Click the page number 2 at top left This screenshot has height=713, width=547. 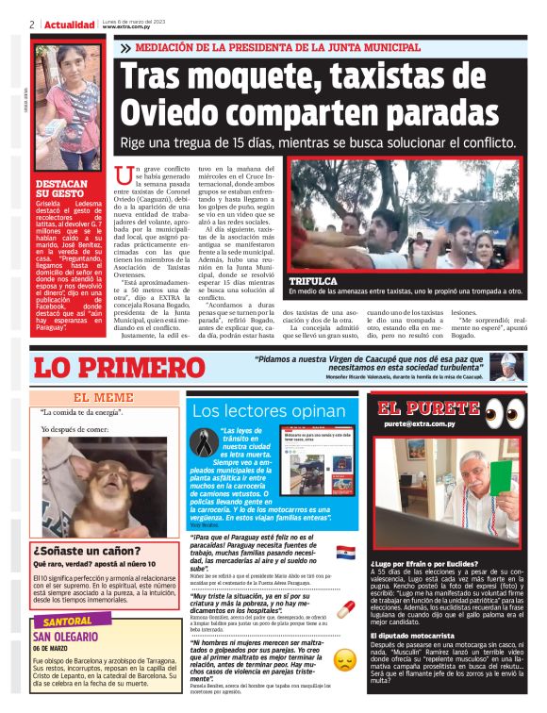(32, 25)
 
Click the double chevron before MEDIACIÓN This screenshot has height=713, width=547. (126, 47)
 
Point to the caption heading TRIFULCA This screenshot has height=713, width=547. (312, 281)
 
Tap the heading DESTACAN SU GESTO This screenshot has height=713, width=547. (60, 190)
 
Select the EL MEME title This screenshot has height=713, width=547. (103, 397)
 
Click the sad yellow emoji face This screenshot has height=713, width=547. (346, 659)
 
